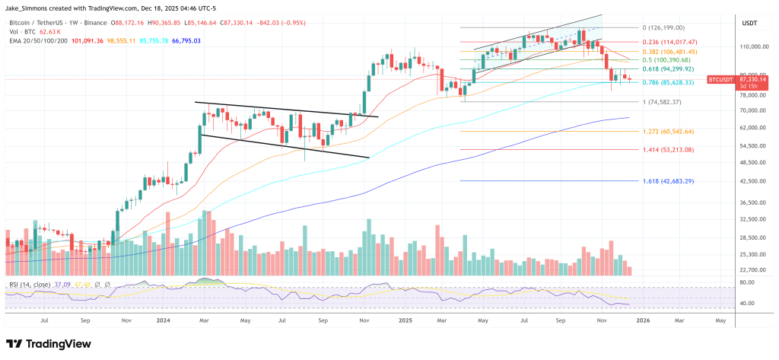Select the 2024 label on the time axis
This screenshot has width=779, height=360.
[162, 322]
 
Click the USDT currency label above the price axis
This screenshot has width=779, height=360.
[750, 24]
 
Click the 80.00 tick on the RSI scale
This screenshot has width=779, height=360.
[746, 282]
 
